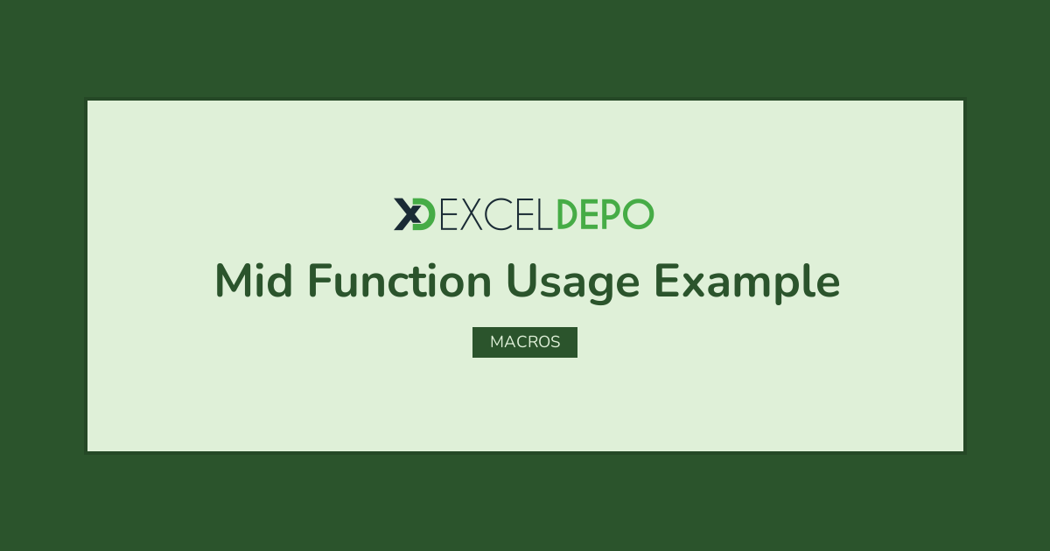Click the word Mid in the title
coord(254,280)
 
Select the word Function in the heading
coord(399,280)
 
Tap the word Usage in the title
coord(573,283)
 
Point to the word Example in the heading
coord(747,283)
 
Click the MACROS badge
coord(525,342)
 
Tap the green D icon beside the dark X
coord(424,214)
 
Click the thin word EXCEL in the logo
coord(496,214)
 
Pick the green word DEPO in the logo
coord(605,214)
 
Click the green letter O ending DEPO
coord(638,214)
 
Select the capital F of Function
coord(319,280)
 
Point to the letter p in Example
coord(784,288)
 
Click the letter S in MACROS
coord(555,342)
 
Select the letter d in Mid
coord(279,280)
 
